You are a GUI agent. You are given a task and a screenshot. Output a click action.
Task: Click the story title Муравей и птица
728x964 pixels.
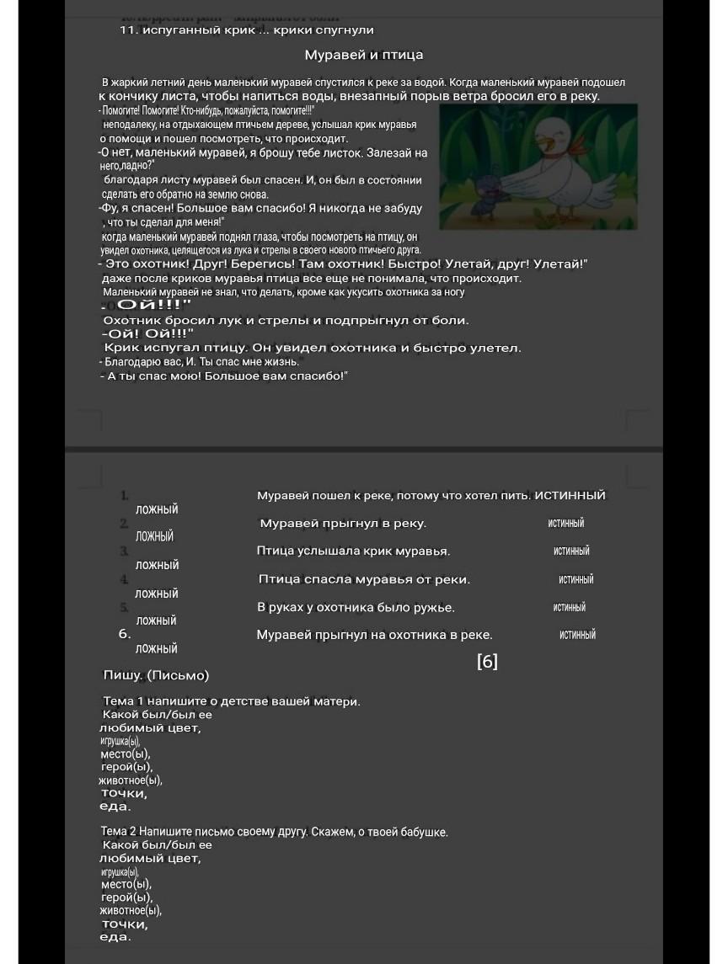pyautogui.click(x=364, y=56)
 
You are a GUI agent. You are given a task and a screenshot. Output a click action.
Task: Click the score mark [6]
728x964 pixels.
pyautogui.click(x=487, y=662)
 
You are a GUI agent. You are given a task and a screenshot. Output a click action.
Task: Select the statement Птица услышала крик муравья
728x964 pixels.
pyautogui.click(x=353, y=551)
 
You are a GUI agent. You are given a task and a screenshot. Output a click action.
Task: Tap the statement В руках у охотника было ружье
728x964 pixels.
pyautogui.click(x=356, y=608)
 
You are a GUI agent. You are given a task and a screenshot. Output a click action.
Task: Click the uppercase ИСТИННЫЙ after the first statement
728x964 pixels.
pyautogui.click(x=570, y=495)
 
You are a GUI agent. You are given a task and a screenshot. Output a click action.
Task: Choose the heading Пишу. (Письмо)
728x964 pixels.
pyautogui.click(x=156, y=675)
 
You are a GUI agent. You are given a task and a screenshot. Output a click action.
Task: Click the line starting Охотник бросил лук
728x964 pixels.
pyautogui.click(x=286, y=321)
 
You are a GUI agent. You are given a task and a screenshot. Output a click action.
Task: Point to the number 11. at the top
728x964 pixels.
pyautogui.click(x=129, y=30)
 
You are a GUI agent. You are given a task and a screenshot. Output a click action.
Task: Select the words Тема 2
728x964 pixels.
pyautogui.click(x=119, y=832)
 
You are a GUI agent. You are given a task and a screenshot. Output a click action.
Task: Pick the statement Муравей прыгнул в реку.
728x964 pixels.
pyautogui.click(x=343, y=524)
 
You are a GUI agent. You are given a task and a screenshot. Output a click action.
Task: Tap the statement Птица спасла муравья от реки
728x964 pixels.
pyautogui.click(x=364, y=579)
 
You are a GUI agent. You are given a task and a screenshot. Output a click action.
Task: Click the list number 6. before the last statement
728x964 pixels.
pyautogui.click(x=125, y=634)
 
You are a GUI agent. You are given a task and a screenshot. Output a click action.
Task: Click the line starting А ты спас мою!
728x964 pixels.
pyautogui.click(x=226, y=375)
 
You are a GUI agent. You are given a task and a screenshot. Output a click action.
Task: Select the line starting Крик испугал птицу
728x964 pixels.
pyautogui.click(x=312, y=348)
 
